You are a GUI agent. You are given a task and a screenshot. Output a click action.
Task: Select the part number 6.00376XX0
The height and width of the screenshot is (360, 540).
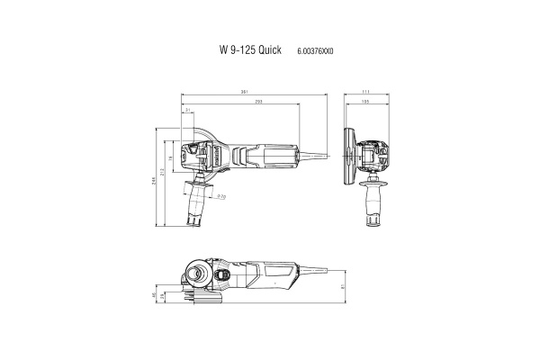point(314,52)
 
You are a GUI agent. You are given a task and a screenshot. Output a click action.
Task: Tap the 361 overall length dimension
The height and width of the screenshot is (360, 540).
point(245,92)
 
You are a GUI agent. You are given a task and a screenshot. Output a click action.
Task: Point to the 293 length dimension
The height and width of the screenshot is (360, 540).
point(258,102)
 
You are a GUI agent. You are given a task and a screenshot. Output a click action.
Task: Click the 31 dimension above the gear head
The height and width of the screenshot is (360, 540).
point(187,111)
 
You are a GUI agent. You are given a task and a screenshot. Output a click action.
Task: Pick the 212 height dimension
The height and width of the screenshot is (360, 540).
point(162,171)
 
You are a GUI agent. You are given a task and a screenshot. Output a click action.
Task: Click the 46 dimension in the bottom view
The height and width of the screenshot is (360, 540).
point(154,294)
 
